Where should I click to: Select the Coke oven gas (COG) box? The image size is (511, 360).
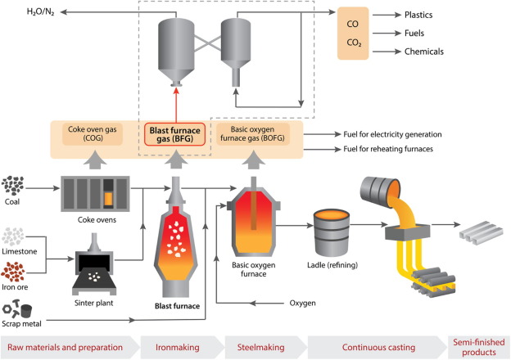(88, 134)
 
